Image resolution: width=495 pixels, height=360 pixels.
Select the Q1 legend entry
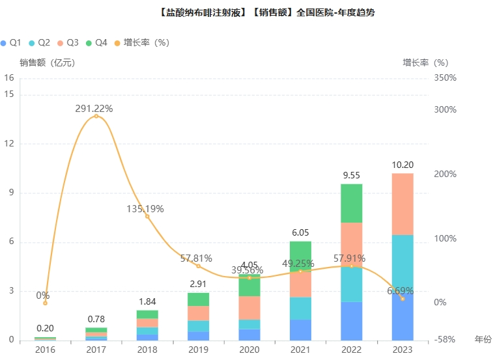[11, 42]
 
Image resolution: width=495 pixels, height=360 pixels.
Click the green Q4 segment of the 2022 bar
[352, 203]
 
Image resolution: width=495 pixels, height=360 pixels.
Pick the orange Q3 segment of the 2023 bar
[403, 204]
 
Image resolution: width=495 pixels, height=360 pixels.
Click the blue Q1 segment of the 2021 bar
[300, 329]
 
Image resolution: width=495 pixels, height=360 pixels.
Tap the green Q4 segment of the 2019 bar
[199, 299]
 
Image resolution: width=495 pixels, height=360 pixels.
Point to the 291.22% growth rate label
[94, 109]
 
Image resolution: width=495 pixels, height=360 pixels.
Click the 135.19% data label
[145, 209]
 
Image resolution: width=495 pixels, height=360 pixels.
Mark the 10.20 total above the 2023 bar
[403, 165]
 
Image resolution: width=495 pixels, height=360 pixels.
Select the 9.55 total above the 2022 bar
[352, 175]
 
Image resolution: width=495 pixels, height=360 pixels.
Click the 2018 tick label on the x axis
[147, 350]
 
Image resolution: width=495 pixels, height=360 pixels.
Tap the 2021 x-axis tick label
[300, 350]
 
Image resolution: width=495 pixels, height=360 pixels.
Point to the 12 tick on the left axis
[9, 144]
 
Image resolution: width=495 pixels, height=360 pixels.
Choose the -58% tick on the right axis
[445, 340]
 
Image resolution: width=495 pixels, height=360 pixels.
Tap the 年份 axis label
[483, 340]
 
